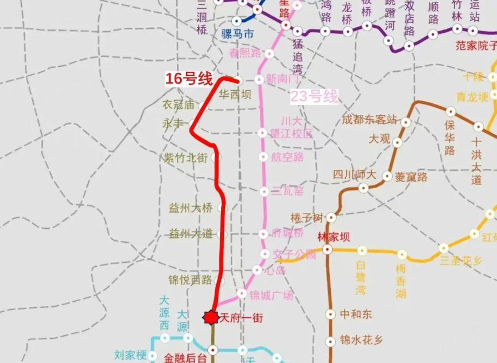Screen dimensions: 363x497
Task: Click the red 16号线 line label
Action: (189, 79)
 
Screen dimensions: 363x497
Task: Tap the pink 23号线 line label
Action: (314, 97)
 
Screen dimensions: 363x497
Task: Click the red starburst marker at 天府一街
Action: (210, 318)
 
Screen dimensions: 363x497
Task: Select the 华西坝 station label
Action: (235, 94)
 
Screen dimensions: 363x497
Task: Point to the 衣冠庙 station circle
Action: (203, 107)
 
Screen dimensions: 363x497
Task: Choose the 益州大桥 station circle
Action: (222, 207)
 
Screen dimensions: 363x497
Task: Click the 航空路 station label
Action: (287, 157)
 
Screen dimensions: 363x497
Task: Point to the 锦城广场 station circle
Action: (242, 294)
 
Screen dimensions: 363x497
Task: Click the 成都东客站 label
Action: (370, 120)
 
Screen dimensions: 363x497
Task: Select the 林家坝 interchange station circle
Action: (327, 249)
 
